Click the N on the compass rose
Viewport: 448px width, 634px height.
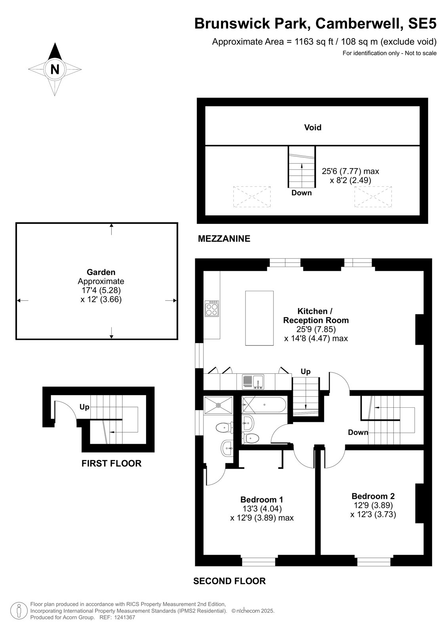[55, 69]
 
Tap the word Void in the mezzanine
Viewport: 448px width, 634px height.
[313, 127]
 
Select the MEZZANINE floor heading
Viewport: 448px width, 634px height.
[224, 239]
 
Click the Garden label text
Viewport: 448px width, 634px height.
[101, 272]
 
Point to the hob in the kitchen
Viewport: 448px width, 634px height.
[212, 308]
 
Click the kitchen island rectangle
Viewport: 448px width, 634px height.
[259, 318]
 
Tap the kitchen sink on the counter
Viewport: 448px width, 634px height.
[253, 382]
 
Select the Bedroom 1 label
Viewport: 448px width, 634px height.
[262, 499]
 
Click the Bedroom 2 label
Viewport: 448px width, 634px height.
[373, 496]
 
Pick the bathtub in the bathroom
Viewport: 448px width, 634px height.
[264, 405]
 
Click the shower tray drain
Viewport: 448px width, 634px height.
[218, 405]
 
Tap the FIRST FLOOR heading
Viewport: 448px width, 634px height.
[111, 463]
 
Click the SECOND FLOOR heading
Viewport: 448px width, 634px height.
[229, 581]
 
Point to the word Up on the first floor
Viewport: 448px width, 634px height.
[84, 407]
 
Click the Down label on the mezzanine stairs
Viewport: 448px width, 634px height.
[301, 193]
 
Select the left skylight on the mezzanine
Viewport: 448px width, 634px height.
[252, 197]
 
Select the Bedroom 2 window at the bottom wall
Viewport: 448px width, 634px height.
[374, 562]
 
